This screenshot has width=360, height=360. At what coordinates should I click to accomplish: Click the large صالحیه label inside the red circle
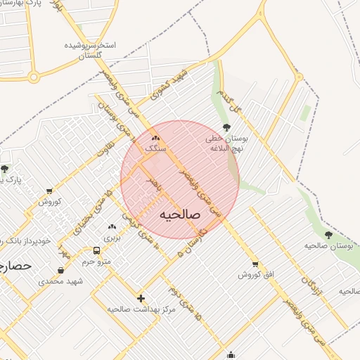point(180,214)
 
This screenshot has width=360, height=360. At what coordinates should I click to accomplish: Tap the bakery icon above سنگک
point(156,138)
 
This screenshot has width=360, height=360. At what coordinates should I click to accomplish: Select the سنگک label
point(155,149)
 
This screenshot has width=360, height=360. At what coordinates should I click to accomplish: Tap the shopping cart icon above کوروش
point(49,191)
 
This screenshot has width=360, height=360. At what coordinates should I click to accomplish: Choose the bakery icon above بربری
point(112,226)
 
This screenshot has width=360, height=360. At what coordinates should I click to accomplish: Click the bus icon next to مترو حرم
point(97,250)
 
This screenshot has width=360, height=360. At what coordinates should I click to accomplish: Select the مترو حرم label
point(97,262)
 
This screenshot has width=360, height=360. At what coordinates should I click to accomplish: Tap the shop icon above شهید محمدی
point(61,270)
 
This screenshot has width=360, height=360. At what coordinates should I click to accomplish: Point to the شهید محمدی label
point(60,281)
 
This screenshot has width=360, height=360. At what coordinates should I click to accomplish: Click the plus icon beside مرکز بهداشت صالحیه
point(141,298)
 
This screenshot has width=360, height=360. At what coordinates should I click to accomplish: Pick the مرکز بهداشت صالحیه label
point(141,309)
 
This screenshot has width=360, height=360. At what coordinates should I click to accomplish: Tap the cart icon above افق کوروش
point(255,264)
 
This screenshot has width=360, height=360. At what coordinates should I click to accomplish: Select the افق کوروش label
point(255,274)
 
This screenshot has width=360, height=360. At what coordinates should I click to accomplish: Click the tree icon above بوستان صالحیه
point(328,234)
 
